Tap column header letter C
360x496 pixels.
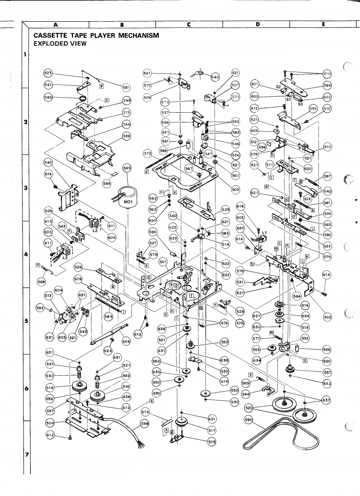[189, 24]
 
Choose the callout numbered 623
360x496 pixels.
[49, 72]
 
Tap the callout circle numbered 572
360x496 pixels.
[148, 153]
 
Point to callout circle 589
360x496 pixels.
[106, 183]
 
